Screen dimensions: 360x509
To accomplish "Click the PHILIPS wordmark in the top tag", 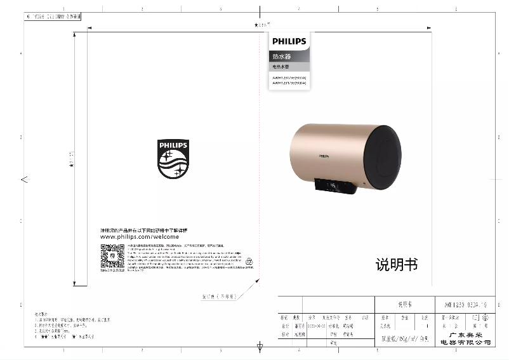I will [x=289, y=41].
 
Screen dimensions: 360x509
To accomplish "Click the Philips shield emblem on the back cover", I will [x=173, y=159].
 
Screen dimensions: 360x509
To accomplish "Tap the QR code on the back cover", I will [x=112, y=257].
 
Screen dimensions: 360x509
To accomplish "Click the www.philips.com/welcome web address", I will [x=140, y=236].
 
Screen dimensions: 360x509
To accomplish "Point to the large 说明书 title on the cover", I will [x=397, y=265].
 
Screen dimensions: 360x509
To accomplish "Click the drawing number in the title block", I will [x=461, y=304].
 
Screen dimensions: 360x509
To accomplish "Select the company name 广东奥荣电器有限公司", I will [x=465, y=338].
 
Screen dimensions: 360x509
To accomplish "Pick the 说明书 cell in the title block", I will [x=404, y=304].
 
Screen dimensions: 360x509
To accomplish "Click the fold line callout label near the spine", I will [x=219, y=296].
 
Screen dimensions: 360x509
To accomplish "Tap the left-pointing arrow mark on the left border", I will [x=24, y=180].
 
